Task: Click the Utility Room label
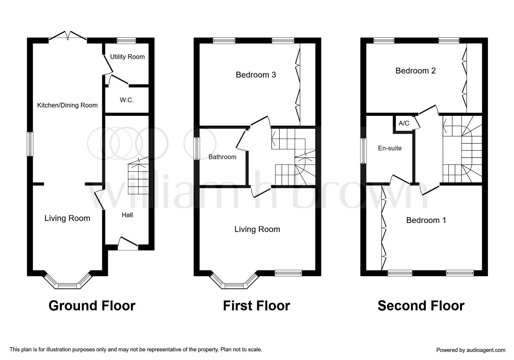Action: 127,57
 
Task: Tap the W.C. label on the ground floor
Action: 127,100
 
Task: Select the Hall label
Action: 127,215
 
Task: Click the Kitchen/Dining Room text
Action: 67,105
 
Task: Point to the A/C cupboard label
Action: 404,123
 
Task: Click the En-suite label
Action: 390,148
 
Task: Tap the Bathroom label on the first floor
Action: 222,157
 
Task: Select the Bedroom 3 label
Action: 256,75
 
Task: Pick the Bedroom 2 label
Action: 416,71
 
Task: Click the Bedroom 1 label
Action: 426,220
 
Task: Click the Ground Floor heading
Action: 92,306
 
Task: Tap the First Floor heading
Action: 257,306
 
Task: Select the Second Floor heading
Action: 421,306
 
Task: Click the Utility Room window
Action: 127,41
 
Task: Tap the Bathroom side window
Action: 197,148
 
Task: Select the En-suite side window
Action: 364,151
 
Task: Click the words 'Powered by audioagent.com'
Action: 471,350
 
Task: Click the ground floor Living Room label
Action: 67,218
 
